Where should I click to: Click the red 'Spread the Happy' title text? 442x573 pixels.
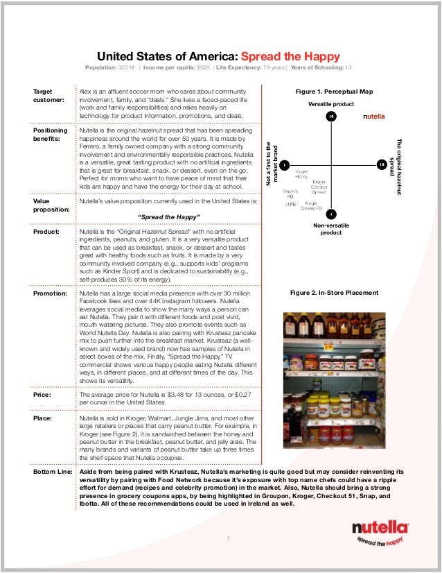coord(295,56)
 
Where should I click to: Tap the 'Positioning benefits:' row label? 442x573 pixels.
coord(51,135)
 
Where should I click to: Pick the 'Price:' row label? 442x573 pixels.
coord(44,393)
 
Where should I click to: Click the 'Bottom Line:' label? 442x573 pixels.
coord(53,471)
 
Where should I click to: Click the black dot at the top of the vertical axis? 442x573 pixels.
coord(332,116)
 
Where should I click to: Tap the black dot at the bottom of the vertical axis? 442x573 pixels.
coord(332,214)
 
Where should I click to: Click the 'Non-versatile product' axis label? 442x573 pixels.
coord(331,229)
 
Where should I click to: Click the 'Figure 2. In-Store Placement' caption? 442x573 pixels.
coord(334,293)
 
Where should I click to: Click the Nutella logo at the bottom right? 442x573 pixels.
coord(377,531)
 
